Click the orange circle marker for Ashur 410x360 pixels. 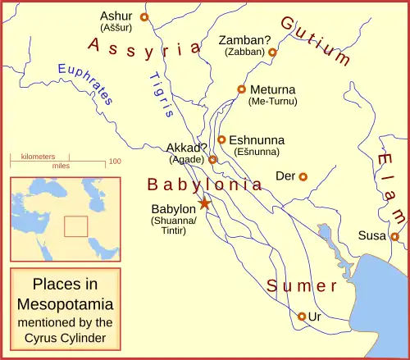pos(144,16)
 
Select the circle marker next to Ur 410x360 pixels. pos(302,316)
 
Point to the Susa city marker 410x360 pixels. pos(394,236)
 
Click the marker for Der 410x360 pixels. pos(303,176)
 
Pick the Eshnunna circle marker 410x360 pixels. pos(221,139)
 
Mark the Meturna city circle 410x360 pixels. pos(241,89)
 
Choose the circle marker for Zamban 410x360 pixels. pos(273,52)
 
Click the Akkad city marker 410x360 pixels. pos(212,160)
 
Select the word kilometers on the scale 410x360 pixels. pos(39,156)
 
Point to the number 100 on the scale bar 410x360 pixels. pos(115,162)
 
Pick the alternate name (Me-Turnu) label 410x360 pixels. pos(272,102)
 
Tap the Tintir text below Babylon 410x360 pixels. pos(173,230)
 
